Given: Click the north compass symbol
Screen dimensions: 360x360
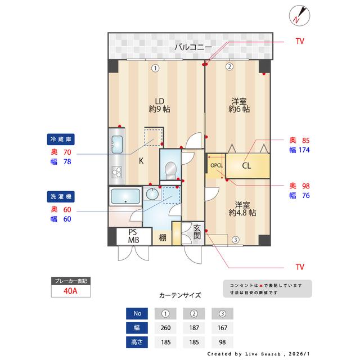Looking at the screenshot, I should (x=298, y=15).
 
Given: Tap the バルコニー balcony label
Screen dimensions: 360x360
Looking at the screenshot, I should (x=192, y=47).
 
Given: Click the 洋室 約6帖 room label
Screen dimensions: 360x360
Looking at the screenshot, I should (x=239, y=105).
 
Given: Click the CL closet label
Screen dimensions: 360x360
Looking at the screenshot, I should (x=246, y=166).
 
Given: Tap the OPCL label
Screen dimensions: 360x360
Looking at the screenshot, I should (x=217, y=166).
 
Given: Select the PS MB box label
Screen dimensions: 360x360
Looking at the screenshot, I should (x=133, y=236).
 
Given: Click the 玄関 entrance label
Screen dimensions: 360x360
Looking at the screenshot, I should (x=197, y=232).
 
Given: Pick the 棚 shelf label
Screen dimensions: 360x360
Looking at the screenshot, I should (x=162, y=237).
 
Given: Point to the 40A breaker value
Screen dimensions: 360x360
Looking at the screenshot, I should (x=71, y=291).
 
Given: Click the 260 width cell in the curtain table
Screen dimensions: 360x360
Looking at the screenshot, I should (x=166, y=327).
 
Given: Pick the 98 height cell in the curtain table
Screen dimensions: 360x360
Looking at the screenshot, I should (x=222, y=341).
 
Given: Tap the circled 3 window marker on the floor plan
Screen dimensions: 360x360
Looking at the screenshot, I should (x=235, y=240).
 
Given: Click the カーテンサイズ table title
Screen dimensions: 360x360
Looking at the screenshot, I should (x=180, y=295).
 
